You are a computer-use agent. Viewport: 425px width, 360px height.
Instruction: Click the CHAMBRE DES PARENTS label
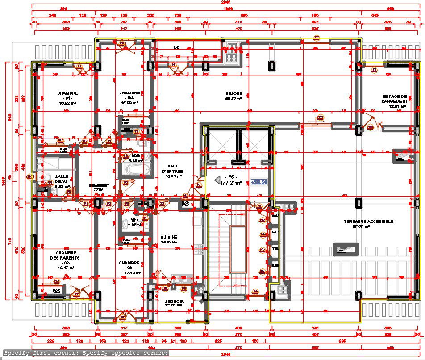[x=65, y=258]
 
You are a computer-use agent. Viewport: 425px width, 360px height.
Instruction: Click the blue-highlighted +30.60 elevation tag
[x=259, y=182]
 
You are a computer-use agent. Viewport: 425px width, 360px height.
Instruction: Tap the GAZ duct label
[x=275, y=232]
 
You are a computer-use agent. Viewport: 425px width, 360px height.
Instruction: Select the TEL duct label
[x=275, y=248]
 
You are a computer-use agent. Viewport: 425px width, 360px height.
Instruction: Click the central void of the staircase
[x=238, y=250]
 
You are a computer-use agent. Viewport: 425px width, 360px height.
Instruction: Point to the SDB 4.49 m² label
[x=135, y=158]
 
